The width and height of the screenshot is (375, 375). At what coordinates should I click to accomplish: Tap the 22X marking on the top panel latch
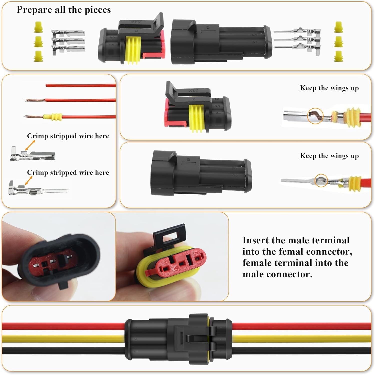[x=136, y=22]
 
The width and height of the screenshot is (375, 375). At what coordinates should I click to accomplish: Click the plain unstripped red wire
[x=80, y=85]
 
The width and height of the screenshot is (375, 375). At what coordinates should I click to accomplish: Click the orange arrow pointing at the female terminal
[x=30, y=145]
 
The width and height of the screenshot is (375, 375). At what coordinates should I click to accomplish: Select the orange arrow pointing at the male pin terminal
[x=29, y=180]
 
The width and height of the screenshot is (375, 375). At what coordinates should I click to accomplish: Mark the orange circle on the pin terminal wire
[x=321, y=180]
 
